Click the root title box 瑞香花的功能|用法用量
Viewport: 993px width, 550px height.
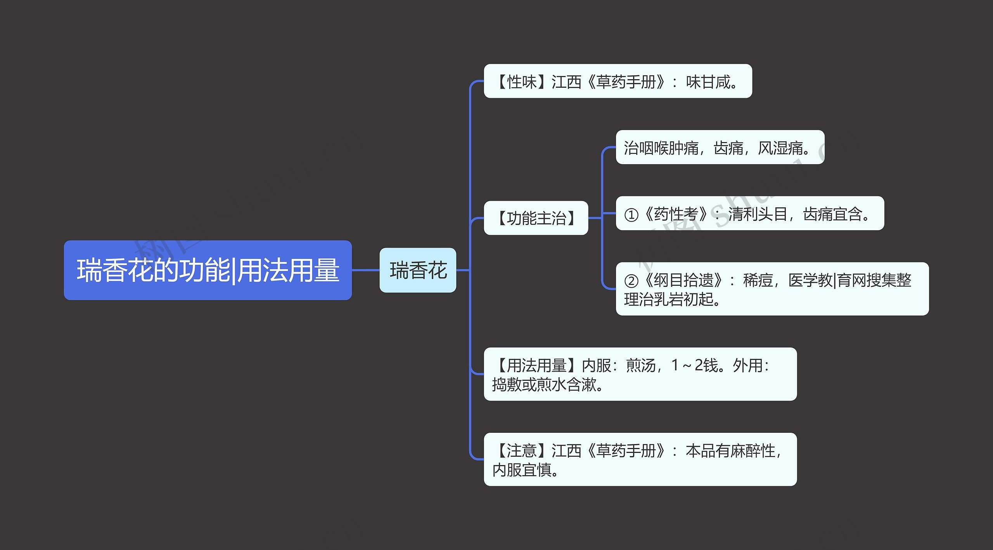(208, 270)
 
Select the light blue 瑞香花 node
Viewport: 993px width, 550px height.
(418, 270)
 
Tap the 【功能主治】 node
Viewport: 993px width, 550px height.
(536, 218)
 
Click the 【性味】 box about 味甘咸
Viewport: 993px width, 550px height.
(618, 81)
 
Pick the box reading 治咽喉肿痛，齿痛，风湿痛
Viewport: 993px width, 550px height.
(720, 147)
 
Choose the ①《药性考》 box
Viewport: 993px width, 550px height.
(749, 213)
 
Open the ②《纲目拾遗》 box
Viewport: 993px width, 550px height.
(772, 289)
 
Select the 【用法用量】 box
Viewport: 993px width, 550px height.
(640, 374)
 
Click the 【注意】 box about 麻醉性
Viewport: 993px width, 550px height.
(640, 460)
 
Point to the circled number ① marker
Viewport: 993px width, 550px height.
(631, 215)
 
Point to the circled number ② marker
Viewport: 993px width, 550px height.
(631, 281)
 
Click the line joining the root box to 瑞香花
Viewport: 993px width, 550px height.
(365, 270)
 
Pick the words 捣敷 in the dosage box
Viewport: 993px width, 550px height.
(507, 385)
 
